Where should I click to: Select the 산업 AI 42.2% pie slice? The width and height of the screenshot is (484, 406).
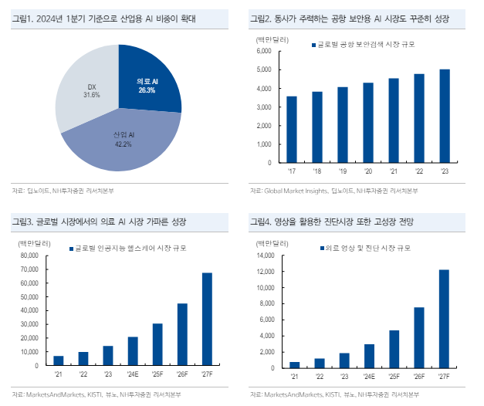tap(120, 143)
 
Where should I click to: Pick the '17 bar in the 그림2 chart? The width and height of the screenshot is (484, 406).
tap(291, 130)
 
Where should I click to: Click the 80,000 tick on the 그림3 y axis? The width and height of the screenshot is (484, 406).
tap(29, 255)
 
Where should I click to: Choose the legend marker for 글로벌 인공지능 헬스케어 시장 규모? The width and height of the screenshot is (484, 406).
tap(69, 249)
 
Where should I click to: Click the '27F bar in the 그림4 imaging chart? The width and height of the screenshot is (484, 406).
tap(443, 318)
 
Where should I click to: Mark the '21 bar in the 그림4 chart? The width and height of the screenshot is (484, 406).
tap(294, 363)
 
